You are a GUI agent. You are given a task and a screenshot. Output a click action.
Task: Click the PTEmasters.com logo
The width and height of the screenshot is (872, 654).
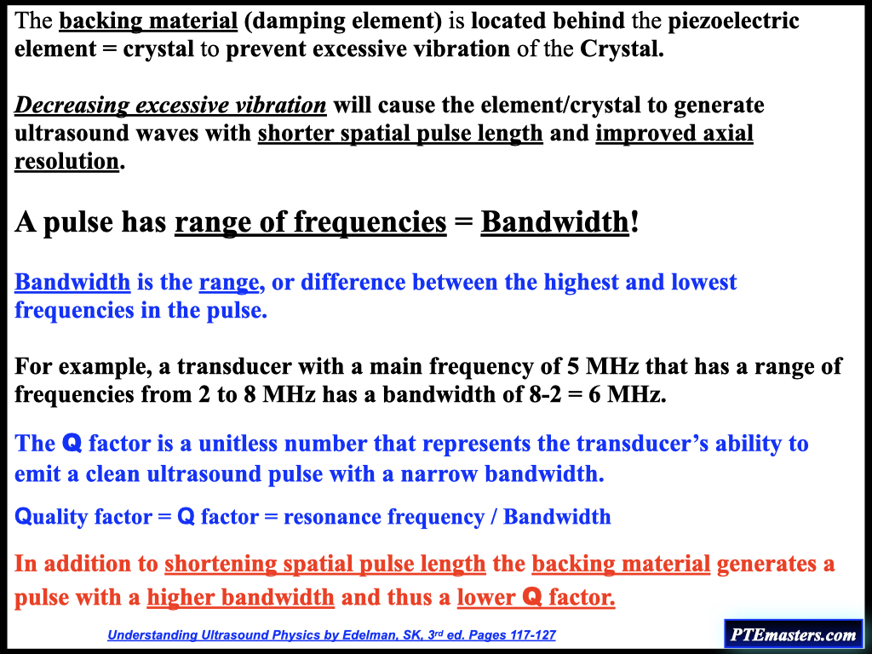tap(793, 634)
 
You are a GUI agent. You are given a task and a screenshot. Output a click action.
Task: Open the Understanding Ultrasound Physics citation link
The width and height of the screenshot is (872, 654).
tap(331, 635)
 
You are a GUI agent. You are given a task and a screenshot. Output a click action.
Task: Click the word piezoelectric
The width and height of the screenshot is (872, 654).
tap(733, 21)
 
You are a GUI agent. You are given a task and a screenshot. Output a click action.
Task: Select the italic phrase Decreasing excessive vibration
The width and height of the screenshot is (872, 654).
tap(170, 105)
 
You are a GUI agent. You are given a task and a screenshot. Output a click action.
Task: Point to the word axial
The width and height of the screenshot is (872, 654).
tap(729, 133)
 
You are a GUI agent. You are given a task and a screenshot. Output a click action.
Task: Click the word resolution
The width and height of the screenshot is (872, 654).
tap(66, 161)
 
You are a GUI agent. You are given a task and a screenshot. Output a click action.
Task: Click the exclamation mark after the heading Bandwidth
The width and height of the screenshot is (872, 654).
tap(634, 222)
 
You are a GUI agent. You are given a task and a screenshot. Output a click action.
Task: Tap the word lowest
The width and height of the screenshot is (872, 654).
tap(703, 282)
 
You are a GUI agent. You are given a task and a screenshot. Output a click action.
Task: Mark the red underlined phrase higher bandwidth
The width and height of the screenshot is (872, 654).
tap(240, 597)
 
